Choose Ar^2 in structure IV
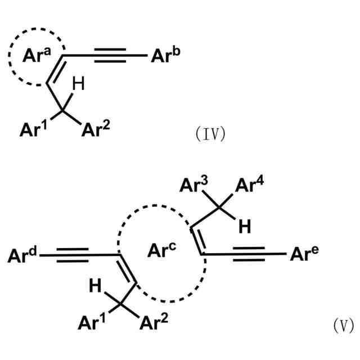[96, 130]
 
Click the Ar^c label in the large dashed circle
[163, 250]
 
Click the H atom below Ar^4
[244, 226]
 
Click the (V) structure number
[342, 326]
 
